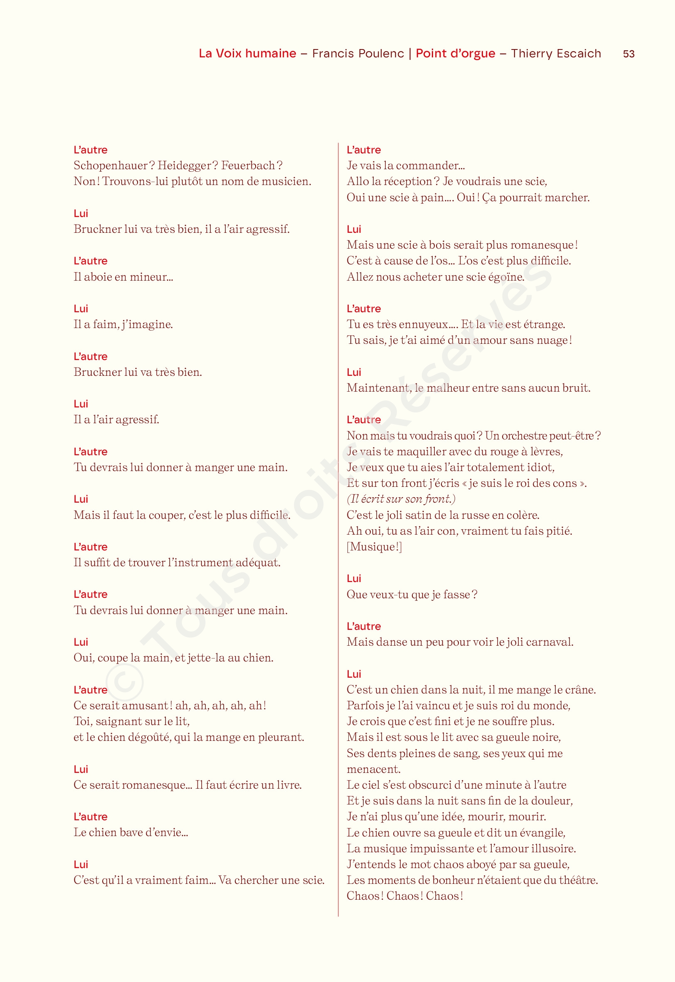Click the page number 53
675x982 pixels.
click(x=628, y=54)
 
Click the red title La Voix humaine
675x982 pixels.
click(x=247, y=53)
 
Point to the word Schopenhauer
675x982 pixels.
click(x=111, y=166)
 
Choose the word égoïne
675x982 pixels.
click(x=506, y=277)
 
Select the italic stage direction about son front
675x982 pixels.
click(x=401, y=499)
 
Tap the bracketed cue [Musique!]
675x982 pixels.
click(x=374, y=547)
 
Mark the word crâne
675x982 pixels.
click(x=579, y=690)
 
